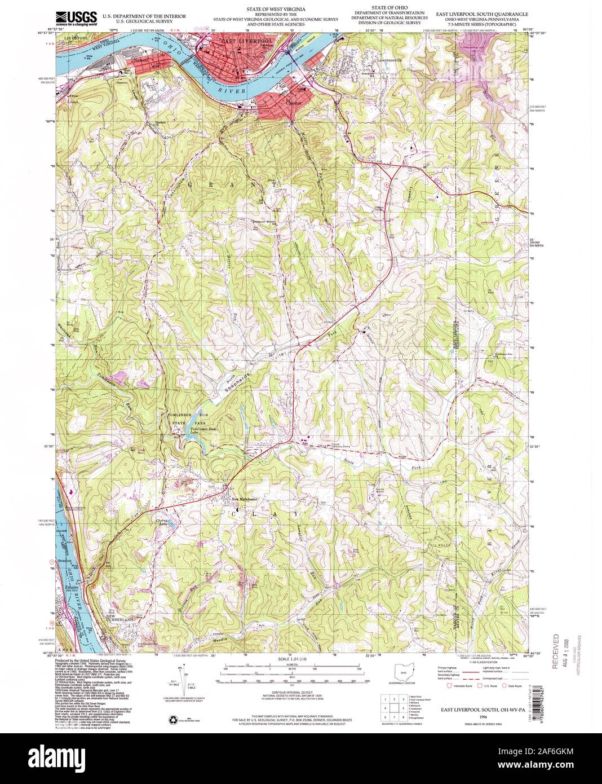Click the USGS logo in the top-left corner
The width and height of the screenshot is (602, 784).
pyautogui.click(x=77, y=17)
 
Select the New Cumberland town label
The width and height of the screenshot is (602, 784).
pyautogui.click(x=119, y=619)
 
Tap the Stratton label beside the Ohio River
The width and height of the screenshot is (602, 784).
pyautogui.click(x=65, y=561)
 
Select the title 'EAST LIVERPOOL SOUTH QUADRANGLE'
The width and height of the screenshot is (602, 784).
pyautogui.click(x=485, y=11)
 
